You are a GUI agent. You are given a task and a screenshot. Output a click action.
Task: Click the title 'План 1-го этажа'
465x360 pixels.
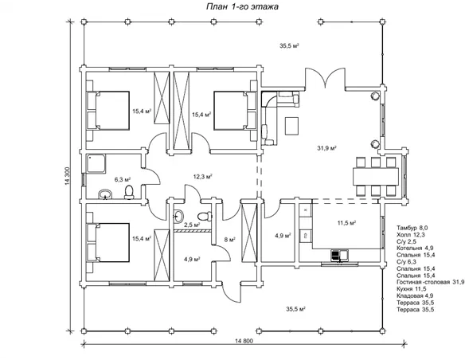(242, 6)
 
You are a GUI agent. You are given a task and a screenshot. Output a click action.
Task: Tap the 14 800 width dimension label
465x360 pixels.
(244, 341)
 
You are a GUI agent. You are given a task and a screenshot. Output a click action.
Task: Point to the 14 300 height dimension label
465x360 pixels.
(67, 177)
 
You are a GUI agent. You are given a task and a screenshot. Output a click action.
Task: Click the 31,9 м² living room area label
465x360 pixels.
(326, 148)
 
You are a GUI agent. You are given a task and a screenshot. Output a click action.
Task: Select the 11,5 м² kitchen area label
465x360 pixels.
(346, 223)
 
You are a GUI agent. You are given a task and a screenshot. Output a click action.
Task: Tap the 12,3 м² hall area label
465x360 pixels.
(203, 177)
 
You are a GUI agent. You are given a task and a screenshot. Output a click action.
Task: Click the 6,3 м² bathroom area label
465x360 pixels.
(123, 179)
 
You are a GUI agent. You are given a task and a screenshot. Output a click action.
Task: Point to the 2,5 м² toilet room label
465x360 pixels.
(192, 225)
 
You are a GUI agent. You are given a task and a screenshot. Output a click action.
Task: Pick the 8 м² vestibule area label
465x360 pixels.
(230, 240)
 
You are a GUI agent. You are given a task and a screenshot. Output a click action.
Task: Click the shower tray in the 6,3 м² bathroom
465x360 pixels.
(96, 163)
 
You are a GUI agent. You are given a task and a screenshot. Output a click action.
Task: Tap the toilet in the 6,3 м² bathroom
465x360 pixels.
(129, 192)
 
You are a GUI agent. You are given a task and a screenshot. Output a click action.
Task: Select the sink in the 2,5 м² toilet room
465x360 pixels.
(178, 216)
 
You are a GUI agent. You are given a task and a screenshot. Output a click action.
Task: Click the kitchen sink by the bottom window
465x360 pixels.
(340, 255)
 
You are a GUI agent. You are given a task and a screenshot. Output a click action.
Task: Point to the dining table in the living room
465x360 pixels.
(376, 177)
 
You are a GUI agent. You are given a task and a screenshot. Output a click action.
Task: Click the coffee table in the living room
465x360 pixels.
(291, 126)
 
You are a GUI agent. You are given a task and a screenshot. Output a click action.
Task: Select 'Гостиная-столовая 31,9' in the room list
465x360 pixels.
(431, 282)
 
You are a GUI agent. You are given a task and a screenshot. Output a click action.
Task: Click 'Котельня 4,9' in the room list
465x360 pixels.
(415, 248)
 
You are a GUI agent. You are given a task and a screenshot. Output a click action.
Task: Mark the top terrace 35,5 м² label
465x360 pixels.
(289, 45)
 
